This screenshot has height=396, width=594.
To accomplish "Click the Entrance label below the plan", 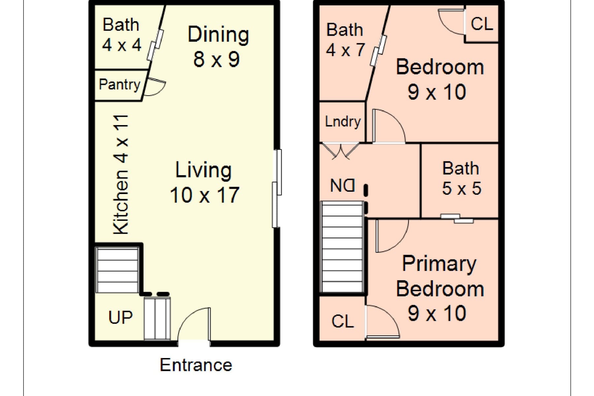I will (x=196, y=365).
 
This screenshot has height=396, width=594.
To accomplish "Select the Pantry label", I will (x=119, y=84).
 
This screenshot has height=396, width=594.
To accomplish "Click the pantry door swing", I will (x=154, y=87).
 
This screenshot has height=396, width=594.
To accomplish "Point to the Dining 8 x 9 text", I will (x=218, y=47).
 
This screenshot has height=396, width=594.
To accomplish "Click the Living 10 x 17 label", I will (x=204, y=182).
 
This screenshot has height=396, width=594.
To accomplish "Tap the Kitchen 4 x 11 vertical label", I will (x=121, y=174).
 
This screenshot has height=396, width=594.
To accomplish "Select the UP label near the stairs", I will (x=120, y=317).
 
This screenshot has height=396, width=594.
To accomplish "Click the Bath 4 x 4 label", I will (x=121, y=35).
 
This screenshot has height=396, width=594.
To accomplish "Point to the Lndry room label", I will (x=343, y=121).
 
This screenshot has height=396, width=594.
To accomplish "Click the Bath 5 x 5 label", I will (x=461, y=178).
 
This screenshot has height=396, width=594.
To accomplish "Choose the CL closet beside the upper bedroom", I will (x=481, y=24).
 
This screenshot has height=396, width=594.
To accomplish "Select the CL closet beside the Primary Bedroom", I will (x=343, y=321).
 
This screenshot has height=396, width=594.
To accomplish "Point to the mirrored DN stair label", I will (x=343, y=186).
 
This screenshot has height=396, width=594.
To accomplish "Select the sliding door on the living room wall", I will (x=277, y=188).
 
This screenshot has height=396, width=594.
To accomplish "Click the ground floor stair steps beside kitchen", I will (x=117, y=270).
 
